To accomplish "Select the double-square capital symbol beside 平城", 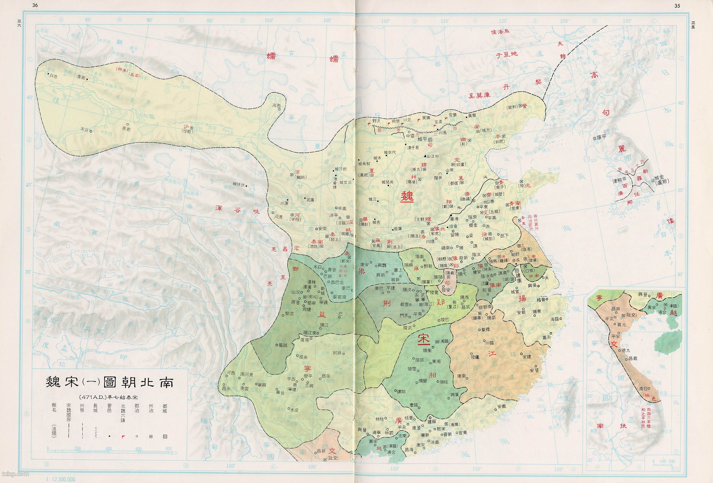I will (430, 139).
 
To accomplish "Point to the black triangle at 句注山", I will (425, 156).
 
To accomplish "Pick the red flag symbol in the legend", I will (123, 437).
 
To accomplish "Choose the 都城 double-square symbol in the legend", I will (165, 436).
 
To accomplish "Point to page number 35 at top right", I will (677, 5).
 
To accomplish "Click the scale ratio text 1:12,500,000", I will (61, 479).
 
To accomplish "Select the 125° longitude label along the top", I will (564, 21).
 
